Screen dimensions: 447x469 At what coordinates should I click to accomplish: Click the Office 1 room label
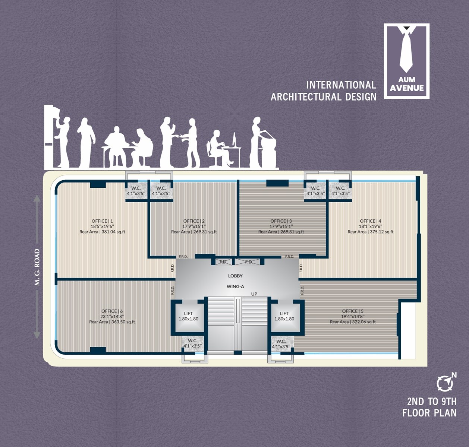click(x=102, y=221)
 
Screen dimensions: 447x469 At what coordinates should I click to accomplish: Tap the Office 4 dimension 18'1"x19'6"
click(x=370, y=226)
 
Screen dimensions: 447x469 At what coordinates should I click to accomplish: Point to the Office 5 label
click(x=353, y=311)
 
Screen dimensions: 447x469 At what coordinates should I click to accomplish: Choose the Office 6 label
click(x=112, y=311)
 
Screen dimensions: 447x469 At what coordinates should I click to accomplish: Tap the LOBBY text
click(x=235, y=276)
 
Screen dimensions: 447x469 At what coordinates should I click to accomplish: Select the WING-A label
click(x=235, y=286)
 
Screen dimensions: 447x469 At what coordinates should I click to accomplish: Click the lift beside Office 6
click(x=188, y=316)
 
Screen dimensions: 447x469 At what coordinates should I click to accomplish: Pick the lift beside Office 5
click(x=284, y=316)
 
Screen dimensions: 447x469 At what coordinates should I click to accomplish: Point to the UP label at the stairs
click(x=254, y=294)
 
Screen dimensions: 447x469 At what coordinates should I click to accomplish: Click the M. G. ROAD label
click(x=37, y=267)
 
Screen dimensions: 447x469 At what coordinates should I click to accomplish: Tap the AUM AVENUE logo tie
click(x=406, y=50)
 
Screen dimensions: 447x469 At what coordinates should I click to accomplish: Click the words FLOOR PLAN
click(x=429, y=413)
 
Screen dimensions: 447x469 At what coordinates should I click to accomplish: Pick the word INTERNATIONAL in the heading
click(x=341, y=85)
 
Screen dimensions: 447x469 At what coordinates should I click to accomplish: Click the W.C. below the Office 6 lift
click(x=192, y=343)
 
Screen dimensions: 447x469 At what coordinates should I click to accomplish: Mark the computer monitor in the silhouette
click(x=234, y=140)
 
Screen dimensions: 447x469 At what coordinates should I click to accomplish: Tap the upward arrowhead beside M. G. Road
click(x=37, y=198)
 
